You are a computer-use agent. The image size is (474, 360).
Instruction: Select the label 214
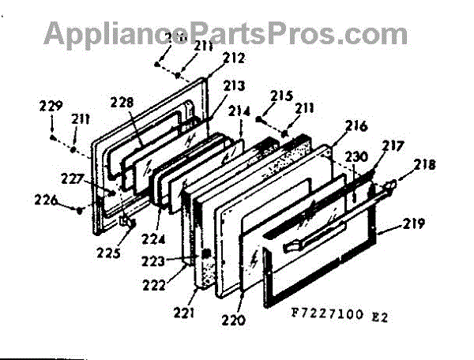(x=239, y=111)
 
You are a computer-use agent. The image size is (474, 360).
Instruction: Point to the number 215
(x=282, y=96)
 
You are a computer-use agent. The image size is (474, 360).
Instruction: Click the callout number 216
(x=356, y=126)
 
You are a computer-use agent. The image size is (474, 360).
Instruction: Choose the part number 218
(x=425, y=166)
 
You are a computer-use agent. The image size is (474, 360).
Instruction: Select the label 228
(x=123, y=102)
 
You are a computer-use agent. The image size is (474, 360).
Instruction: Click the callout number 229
(x=51, y=106)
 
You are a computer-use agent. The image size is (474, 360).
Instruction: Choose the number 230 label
(x=356, y=158)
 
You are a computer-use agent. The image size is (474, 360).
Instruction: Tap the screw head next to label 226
(x=81, y=209)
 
